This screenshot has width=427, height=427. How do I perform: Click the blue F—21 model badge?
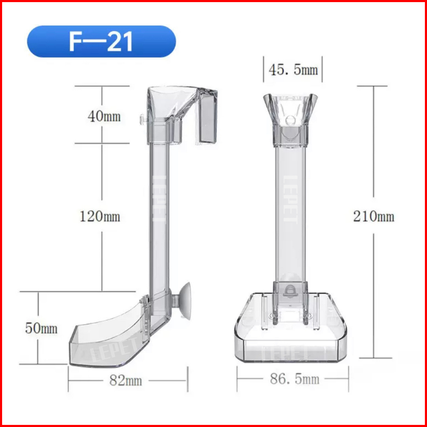coord(101,41)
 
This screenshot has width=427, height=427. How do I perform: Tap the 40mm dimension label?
coord(104,117)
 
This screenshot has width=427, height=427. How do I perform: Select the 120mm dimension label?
coord(100,217)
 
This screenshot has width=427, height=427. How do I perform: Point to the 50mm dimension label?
coord(41,328)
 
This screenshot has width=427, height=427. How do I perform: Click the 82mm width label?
coord(126,380)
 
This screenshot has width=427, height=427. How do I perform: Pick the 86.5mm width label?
coord(294,379)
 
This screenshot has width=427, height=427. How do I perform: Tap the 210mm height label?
coord(374,217)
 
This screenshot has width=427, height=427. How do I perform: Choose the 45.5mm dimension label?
coord(293,70)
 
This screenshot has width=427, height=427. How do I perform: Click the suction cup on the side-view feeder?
coord(183,301)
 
